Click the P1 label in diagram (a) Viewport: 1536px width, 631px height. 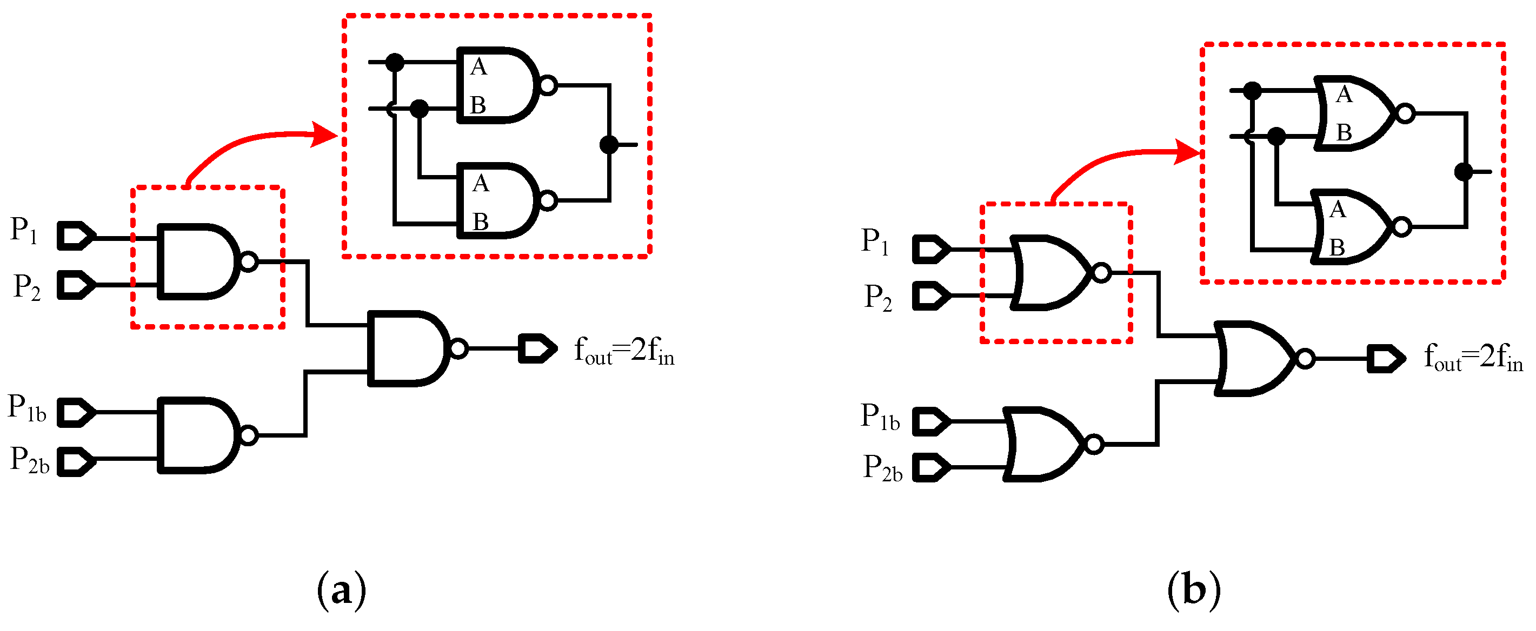tap(24, 231)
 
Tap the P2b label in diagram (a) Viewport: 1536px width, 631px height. tap(29, 461)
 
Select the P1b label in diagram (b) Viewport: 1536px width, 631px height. tap(880, 417)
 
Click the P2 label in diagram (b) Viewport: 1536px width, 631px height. tap(877, 297)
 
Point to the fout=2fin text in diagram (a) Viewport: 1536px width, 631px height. tap(624, 351)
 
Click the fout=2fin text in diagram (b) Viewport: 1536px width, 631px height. tap(1473, 358)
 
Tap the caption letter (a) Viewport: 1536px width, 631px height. tap(341, 590)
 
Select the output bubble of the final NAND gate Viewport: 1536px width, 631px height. tap(458, 348)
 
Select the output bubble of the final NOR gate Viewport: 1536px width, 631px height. tap(1305, 359)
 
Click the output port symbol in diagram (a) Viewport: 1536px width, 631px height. tap(537, 348)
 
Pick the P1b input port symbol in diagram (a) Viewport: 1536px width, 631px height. tap(76, 412)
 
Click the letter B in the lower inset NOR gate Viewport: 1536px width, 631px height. tap(1337, 247)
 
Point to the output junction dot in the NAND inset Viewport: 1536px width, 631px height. tap(609, 144)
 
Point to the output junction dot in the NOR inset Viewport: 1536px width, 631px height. tap(1463, 172)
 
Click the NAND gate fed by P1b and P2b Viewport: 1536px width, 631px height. tap(197, 435)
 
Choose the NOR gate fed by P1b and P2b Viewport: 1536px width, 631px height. tap(1043, 445)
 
